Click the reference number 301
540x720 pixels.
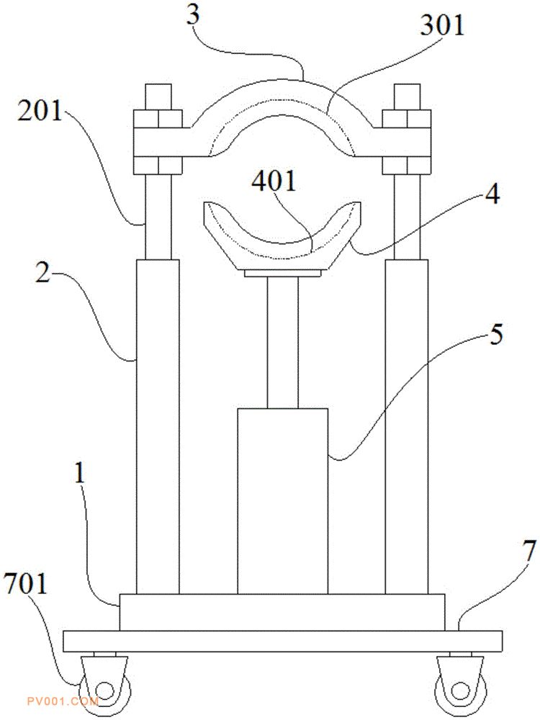point(442,25)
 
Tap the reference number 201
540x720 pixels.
point(40,111)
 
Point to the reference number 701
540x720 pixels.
point(25,584)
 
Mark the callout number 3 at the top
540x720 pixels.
point(193,14)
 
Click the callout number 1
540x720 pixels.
point(80,472)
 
